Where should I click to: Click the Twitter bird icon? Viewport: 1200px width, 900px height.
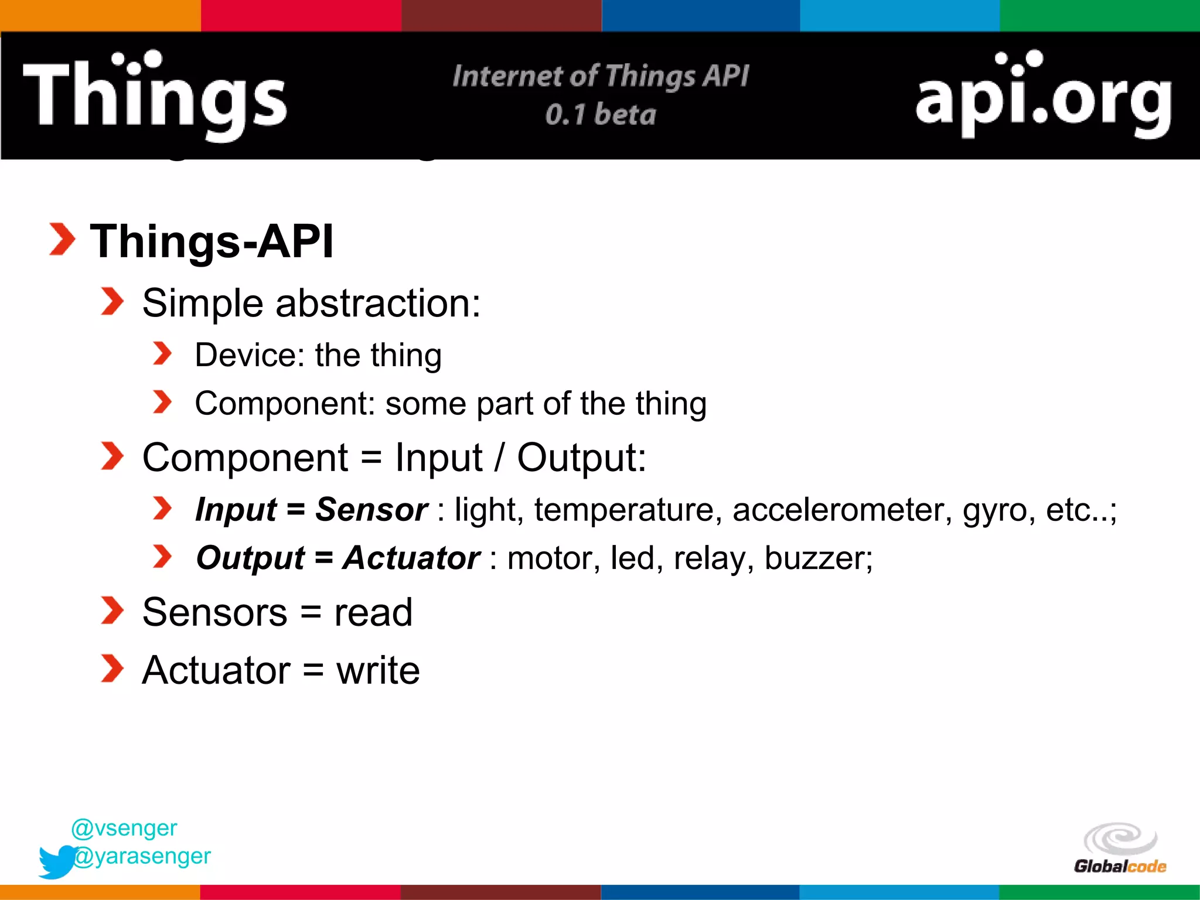[57, 861]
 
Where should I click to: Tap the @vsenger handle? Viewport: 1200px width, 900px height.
[124, 828]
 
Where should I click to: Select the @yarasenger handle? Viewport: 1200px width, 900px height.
[142, 856]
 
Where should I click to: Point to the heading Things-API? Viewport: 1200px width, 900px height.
[212, 241]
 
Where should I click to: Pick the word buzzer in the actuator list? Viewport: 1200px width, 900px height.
[818, 558]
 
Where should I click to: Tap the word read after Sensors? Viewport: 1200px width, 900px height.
[373, 612]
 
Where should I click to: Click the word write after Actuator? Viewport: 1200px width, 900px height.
[378, 670]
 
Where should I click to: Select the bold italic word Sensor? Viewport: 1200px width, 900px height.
[371, 509]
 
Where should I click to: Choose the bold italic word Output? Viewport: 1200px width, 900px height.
[250, 558]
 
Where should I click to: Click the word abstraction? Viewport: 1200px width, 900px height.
[377, 304]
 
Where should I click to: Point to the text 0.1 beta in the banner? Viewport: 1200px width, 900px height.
[601, 114]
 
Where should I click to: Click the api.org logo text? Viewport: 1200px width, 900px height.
[1043, 97]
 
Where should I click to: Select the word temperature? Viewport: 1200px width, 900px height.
[623, 509]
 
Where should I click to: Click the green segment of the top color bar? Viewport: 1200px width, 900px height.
[1099, 15]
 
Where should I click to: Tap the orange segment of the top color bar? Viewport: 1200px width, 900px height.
[100, 15]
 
